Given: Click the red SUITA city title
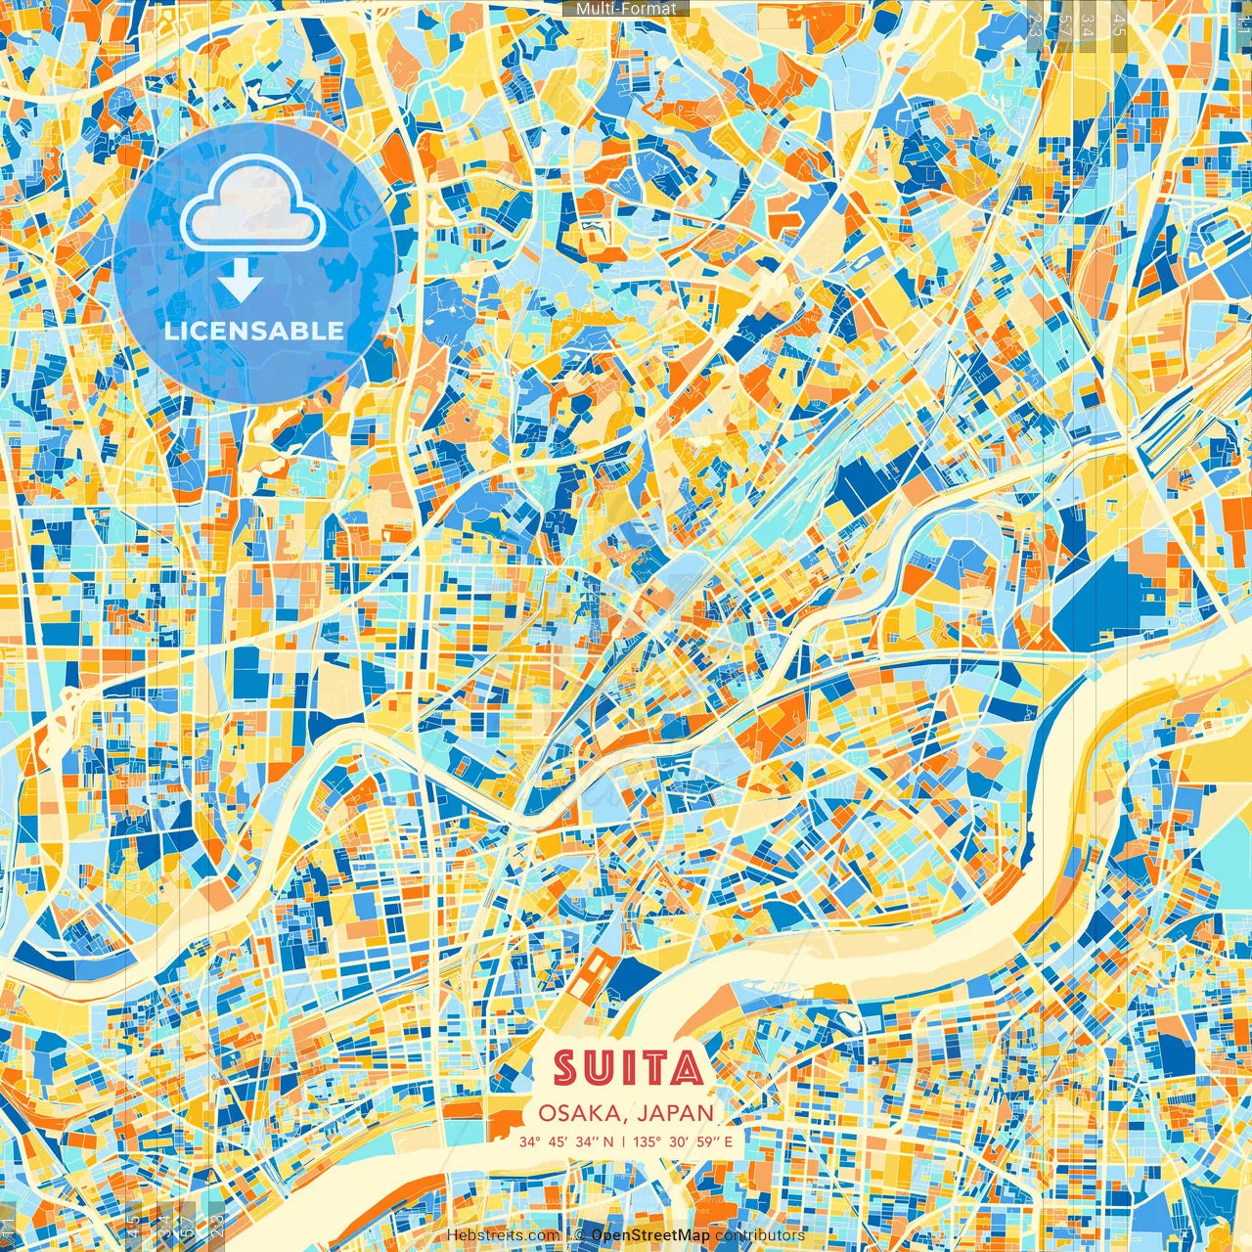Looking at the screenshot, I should pos(628,1068).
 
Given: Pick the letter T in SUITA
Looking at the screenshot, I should pos(653,1068).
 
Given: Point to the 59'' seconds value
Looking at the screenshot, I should pos(708,1141).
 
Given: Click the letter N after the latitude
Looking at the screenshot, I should pos(608,1141).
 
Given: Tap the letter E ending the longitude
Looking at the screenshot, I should pos(729,1141).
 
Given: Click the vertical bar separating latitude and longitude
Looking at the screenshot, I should pos(623,1141).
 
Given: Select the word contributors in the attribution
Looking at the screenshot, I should pos(759,1235).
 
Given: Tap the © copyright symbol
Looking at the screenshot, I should pos(579,1235).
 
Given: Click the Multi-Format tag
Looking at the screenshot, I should pos(626,9).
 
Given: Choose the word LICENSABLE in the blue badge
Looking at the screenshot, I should pos(254,331).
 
